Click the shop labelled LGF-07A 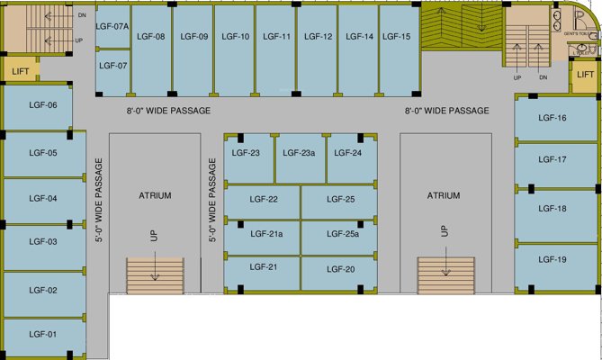point(113,27)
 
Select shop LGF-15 point(396,37)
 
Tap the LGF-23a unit point(301,153)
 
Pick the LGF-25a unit point(342,234)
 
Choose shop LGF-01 point(43,335)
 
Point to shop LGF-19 point(552,260)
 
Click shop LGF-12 point(318,37)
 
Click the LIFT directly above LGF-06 point(20,70)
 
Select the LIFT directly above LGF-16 point(585,75)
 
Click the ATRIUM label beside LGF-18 point(444,195)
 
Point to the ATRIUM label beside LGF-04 point(155,195)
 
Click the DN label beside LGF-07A point(82,16)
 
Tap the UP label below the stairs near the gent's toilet point(517,77)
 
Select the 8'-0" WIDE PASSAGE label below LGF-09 point(168,111)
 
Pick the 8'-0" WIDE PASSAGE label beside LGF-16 point(447,111)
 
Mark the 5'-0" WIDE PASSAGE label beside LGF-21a point(213,201)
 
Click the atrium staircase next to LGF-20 point(445,273)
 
